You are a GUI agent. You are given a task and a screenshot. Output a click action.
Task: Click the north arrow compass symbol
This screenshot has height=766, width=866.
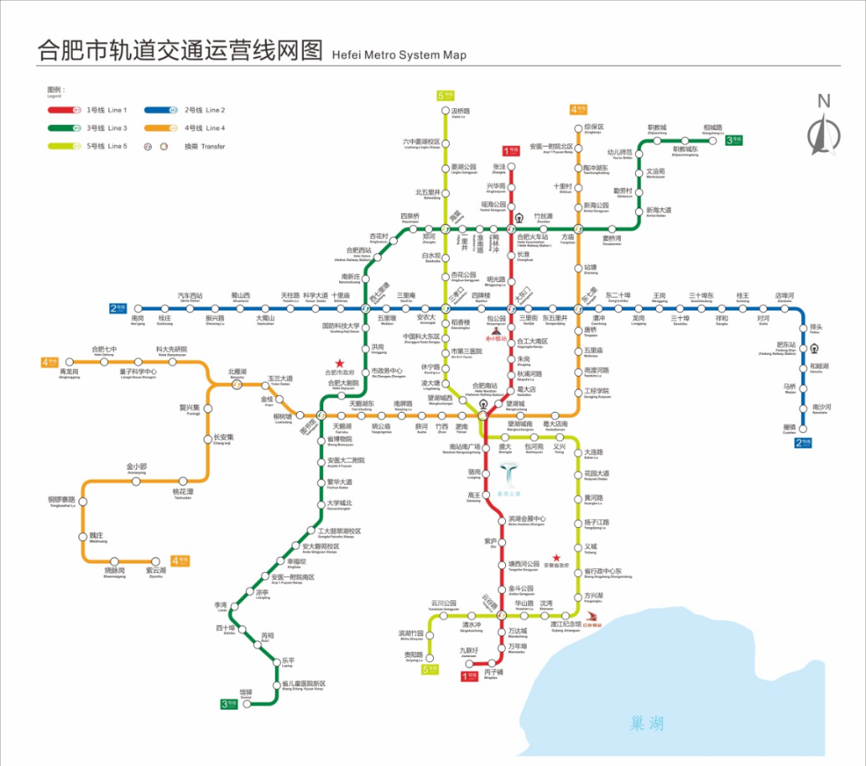(x=822, y=128)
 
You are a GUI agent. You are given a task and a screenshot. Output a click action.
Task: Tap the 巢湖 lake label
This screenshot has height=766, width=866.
(x=647, y=724)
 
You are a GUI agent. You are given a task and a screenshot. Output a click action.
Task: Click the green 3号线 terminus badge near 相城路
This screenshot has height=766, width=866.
(x=734, y=140)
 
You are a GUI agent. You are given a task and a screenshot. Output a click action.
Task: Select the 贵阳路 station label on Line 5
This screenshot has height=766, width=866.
(x=412, y=655)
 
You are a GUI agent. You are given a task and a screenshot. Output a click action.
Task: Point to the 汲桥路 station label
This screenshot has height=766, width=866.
(x=460, y=111)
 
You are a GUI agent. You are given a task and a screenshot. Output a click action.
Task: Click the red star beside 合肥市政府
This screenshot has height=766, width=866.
(x=339, y=363)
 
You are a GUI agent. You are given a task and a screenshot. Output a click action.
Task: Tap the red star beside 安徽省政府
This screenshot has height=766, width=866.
(x=556, y=558)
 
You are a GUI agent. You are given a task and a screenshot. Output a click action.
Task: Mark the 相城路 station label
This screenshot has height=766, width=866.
(x=712, y=127)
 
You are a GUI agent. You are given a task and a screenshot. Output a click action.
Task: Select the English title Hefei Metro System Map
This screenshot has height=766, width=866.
(x=399, y=55)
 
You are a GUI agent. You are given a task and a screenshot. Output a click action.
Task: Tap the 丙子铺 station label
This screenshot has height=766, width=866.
(x=494, y=673)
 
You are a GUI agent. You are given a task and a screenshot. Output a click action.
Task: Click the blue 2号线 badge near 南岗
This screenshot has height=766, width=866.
(x=118, y=308)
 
